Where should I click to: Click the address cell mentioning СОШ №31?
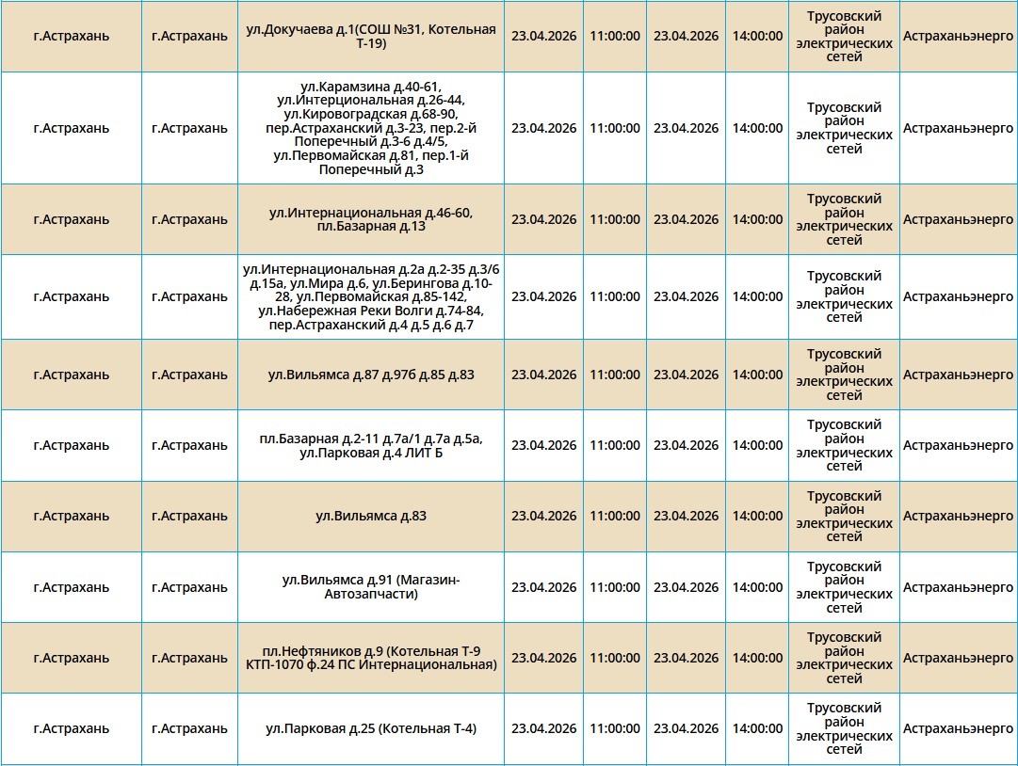point(370,37)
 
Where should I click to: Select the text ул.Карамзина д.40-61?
point(370,87)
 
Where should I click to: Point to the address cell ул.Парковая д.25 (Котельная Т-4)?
point(370,728)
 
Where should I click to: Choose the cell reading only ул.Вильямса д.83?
point(370,516)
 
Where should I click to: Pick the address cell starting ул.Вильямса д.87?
point(370,375)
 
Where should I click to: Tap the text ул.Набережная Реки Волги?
point(323,311)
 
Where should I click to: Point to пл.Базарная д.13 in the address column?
point(371,227)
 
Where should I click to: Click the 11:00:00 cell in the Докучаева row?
point(614,36)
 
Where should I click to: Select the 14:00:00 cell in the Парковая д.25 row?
point(757,728)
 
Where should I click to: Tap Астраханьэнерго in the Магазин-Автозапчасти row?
point(958,587)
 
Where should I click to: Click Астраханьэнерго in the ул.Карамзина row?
point(958,128)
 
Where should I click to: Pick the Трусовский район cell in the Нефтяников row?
point(844,658)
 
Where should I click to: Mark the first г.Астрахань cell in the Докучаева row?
point(71,36)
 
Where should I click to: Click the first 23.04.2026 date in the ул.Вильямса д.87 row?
point(543,375)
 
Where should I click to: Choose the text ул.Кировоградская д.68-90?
point(370,114)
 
